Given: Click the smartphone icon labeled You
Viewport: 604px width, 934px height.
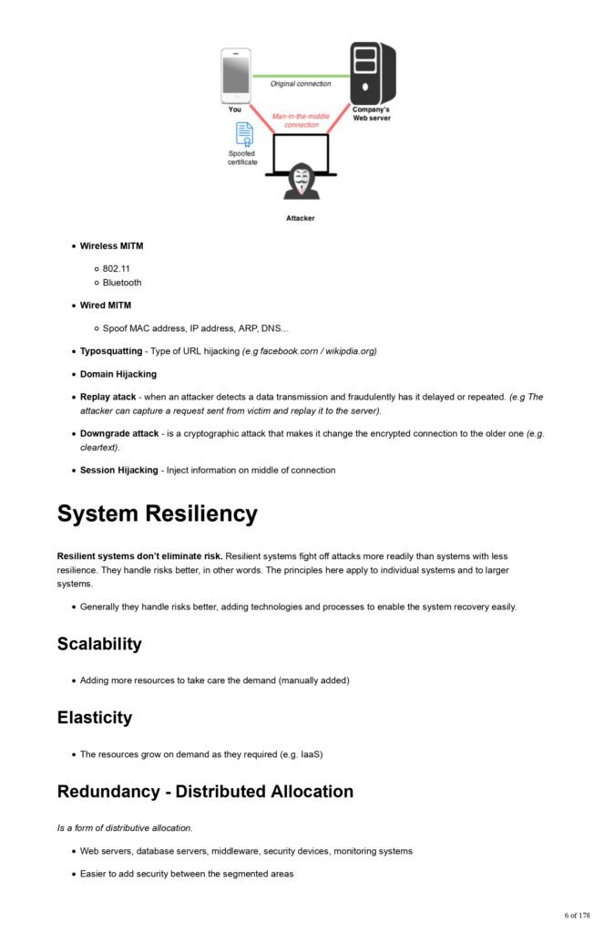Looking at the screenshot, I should point(235,76).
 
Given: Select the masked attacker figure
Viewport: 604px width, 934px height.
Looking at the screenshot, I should point(301,182).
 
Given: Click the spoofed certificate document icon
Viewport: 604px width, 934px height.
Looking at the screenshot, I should point(244,134).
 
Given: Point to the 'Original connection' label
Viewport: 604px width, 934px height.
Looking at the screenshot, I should point(301,84).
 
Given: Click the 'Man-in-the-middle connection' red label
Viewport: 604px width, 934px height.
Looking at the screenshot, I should point(301,120).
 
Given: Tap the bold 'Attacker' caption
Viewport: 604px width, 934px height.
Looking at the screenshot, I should point(301,219).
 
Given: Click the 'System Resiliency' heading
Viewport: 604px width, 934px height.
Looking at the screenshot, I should point(157,514).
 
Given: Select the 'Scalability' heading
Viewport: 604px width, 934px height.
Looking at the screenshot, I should point(99,644).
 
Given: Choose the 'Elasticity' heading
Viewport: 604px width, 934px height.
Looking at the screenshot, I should point(94,718).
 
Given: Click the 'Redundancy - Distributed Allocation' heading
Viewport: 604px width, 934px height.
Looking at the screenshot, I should point(205,792).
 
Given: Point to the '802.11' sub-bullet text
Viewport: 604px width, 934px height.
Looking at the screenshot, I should point(117,269).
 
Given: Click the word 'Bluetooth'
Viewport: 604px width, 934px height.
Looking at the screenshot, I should point(122,283).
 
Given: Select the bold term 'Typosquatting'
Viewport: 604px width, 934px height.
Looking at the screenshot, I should point(111,351).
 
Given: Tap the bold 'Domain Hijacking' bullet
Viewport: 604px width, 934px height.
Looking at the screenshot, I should point(118,374).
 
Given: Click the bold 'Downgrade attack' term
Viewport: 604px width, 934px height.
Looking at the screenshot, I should point(119,434).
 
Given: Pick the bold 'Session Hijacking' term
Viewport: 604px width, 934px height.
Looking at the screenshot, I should point(118,471).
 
